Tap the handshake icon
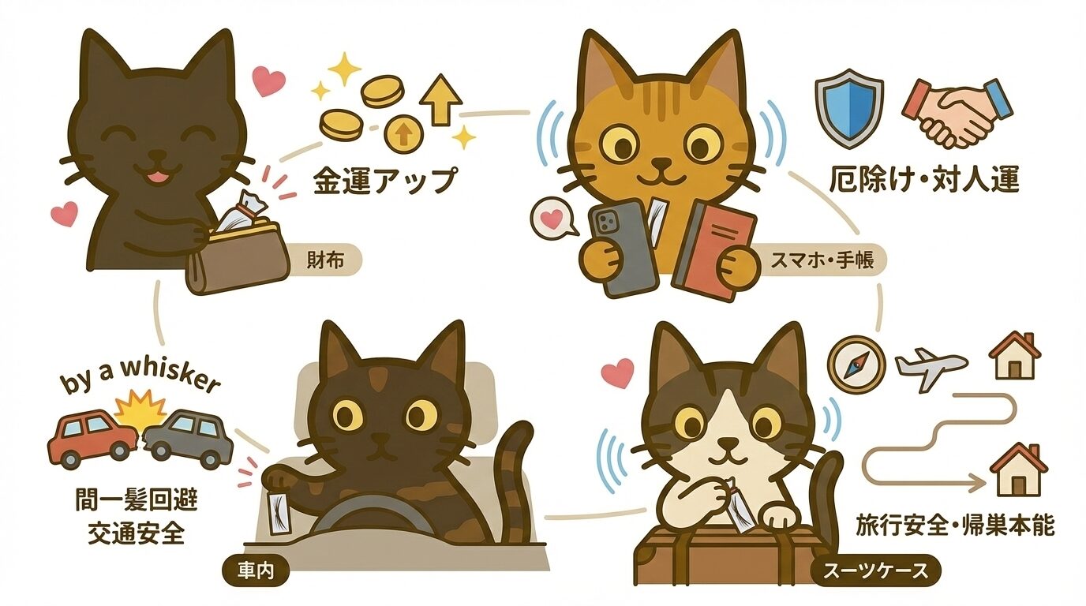pos(956,112)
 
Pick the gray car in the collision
pos(189,438)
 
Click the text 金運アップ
pos(384,181)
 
